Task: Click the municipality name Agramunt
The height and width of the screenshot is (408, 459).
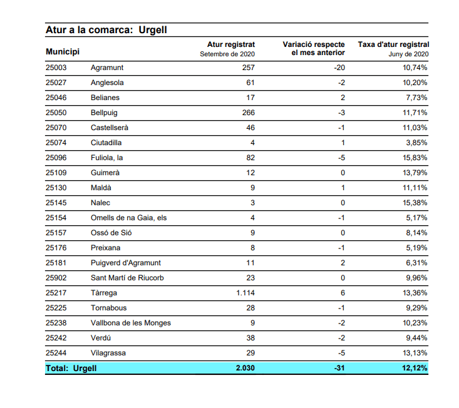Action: [x=107, y=68]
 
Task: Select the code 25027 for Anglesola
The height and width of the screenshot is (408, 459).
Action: [x=56, y=83]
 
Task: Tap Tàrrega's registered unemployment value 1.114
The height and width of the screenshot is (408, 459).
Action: [x=245, y=293]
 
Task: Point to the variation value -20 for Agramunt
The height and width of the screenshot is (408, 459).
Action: [x=339, y=68]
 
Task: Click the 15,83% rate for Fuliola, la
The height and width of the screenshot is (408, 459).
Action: [x=415, y=158]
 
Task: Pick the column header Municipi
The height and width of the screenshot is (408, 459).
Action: [x=63, y=52]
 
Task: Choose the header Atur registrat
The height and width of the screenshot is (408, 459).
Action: [x=231, y=44]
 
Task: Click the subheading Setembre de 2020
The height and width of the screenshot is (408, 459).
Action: [x=227, y=54]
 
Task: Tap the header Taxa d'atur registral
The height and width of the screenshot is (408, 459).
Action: [x=393, y=44]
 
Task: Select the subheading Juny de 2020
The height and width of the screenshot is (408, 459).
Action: [x=408, y=54]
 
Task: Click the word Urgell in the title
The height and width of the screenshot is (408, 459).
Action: [x=153, y=30]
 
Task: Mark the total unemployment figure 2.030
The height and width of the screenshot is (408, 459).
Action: [x=245, y=368]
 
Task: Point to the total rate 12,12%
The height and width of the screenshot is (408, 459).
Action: [x=415, y=368]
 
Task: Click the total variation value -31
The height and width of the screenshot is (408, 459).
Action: [x=339, y=368]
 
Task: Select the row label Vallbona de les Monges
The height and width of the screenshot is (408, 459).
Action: [x=130, y=323]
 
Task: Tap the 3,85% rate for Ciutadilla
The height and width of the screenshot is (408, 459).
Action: [x=416, y=143]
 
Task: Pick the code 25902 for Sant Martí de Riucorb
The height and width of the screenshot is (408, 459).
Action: [x=56, y=278]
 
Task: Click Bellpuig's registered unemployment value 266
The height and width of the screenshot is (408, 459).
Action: [x=249, y=113]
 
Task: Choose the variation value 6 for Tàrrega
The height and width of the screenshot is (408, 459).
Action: [x=343, y=293]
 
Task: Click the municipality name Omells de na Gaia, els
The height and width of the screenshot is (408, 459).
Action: [x=128, y=218]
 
